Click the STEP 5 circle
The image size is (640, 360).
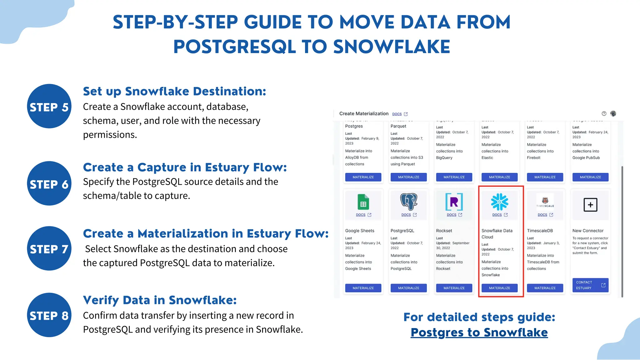click(49, 106)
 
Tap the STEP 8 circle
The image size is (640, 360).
click(49, 315)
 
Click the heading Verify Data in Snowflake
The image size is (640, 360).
click(160, 300)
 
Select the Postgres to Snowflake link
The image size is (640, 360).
click(479, 332)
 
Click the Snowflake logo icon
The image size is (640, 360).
click(499, 202)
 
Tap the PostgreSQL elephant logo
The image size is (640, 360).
click(409, 202)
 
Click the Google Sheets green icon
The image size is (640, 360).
click(363, 202)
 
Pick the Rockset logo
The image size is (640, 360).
click(454, 202)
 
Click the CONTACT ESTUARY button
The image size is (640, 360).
click(590, 285)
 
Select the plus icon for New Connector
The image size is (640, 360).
click(590, 205)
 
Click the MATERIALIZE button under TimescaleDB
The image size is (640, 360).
click(545, 288)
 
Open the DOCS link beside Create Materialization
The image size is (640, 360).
click(400, 114)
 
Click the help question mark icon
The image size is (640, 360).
click(604, 113)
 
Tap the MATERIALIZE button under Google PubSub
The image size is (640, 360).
click(590, 177)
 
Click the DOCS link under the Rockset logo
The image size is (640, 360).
click(454, 215)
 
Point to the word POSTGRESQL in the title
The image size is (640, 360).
click(234, 47)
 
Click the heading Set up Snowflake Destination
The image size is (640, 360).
click(174, 91)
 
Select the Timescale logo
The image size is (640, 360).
click(545, 202)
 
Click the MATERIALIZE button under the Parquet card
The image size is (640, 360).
click(408, 177)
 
